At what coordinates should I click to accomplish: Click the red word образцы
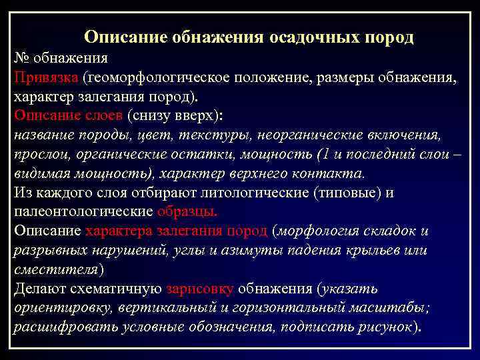pyautogui.click(x=187, y=213)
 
